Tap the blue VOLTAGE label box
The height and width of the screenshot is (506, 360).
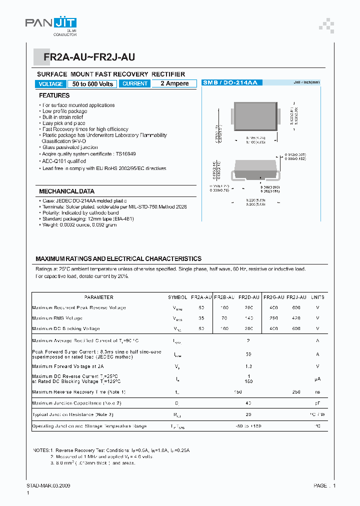[50, 84]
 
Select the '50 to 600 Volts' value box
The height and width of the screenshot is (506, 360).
[92, 84]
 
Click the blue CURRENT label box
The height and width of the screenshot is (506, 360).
[135, 84]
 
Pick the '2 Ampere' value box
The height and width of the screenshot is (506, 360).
[174, 84]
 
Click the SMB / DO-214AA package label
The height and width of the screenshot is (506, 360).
[230, 82]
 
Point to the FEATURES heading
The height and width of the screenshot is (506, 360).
[54, 95]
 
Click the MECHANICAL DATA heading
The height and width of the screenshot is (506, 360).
[66, 191]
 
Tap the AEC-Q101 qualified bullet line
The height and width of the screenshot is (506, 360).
[65, 161]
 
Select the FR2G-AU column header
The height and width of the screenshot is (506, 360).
[274, 297]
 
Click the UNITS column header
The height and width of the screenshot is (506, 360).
[317, 297]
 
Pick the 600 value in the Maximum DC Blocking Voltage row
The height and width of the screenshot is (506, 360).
[296, 328]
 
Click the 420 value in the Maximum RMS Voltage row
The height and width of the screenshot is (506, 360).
[296, 318]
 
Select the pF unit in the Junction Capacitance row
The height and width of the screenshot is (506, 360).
[317, 402]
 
